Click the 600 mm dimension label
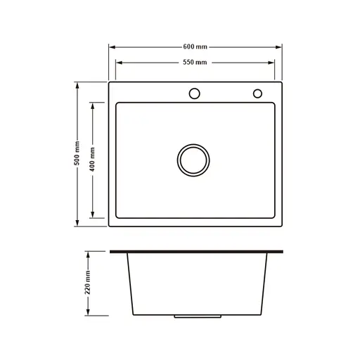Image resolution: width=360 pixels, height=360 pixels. tap(195, 46)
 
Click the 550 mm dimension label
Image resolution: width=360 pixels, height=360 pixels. tap(195, 63)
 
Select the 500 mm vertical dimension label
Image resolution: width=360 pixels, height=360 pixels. tap(77, 154)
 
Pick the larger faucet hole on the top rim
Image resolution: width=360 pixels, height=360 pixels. tap(194, 93)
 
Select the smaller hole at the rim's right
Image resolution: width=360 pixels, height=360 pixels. tap(257, 93)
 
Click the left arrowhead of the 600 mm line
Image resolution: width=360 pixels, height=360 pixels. tap(111, 46)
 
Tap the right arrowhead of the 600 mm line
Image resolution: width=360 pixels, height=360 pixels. tap(279, 46)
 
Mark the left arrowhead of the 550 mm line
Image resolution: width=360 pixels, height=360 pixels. tap(119, 63)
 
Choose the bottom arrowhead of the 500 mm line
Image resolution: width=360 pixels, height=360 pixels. tap(77, 223)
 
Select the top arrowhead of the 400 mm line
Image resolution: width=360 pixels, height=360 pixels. tap(92, 106)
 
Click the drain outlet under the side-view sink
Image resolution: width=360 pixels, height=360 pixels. tap(186, 317)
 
